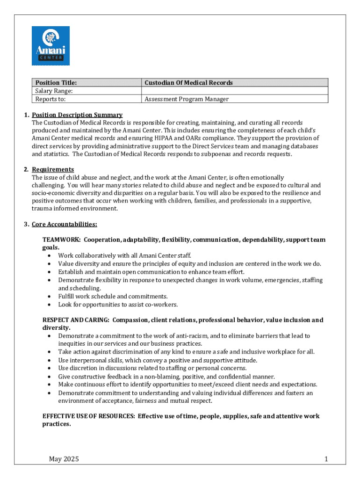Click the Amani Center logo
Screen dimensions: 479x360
pos(50,46)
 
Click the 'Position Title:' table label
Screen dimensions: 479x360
pos(54,83)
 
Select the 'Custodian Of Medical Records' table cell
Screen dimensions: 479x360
pos(188,83)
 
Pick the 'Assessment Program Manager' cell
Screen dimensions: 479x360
pos(187,99)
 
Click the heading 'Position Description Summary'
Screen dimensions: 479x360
pos(77,115)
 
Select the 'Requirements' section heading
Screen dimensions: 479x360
pos(53,169)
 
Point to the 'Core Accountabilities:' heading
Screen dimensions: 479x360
pos(65,224)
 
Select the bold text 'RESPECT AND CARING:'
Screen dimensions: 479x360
pos(76,320)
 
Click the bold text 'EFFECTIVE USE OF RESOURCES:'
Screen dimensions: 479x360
pos(88,416)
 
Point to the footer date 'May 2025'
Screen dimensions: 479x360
pos(64,459)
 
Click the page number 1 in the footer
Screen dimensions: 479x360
pos(326,459)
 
